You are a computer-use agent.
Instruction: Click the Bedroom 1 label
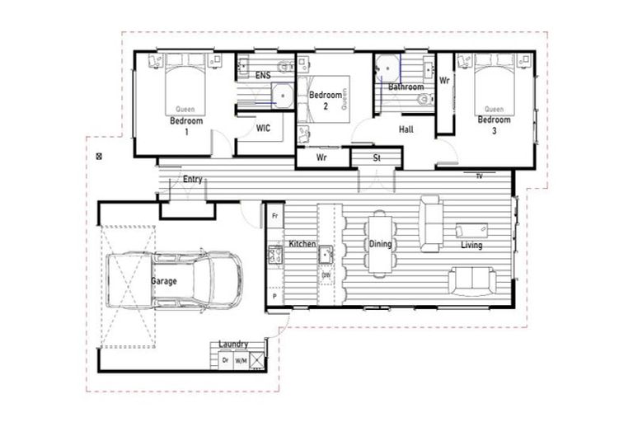click(185, 126)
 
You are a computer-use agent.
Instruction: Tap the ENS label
click(263, 76)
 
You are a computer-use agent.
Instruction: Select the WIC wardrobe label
click(263, 128)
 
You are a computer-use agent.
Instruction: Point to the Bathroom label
click(406, 87)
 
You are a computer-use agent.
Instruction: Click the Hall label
click(406, 129)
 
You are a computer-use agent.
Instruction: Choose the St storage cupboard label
click(377, 157)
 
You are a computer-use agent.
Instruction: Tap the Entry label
click(192, 179)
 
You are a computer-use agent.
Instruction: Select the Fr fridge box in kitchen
click(274, 215)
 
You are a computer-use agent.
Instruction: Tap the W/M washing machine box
click(241, 360)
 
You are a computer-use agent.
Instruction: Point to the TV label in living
click(479, 176)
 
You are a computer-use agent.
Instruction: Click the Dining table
click(379, 244)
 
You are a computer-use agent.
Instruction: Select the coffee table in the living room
click(471, 231)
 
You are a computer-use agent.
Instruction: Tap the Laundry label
click(233, 345)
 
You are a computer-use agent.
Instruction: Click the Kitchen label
click(302, 244)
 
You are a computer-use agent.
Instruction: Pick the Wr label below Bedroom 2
click(322, 157)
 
